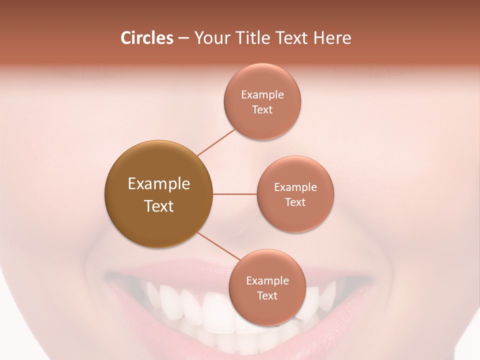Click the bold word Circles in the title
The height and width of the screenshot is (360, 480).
click(x=146, y=38)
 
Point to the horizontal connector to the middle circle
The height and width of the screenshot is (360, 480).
click(x=235, y=194)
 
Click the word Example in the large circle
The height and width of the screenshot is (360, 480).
click(x=158, y=184)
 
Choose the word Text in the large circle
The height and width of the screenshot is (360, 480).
click(x=158, y=206)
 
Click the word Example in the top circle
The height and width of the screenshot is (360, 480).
click(x=262, y=95)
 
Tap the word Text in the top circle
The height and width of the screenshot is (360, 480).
click(x=262, y=110)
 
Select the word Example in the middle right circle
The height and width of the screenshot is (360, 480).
click(x=295, y=187)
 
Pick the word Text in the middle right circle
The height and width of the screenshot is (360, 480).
click(x=295, y=202)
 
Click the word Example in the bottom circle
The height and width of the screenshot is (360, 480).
click(x=267, y=281)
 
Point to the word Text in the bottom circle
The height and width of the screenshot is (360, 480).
click(x=267, y=296)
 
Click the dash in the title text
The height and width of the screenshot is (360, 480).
click(x=183, y=38)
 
